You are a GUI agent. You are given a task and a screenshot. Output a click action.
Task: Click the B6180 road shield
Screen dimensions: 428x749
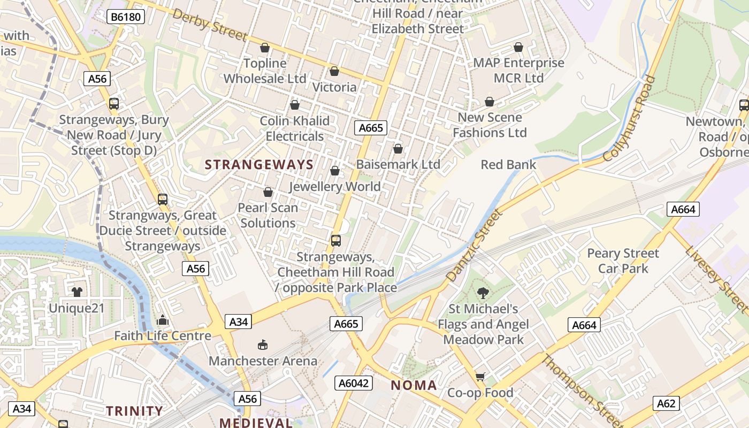tap(126, 17)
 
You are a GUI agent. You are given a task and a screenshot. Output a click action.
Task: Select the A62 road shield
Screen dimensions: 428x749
tap(666, 403)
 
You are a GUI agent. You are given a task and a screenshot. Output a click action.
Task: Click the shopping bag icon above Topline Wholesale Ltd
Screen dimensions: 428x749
tap(264, 48)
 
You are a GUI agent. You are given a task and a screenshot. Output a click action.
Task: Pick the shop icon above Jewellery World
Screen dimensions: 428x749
tap(335, 171)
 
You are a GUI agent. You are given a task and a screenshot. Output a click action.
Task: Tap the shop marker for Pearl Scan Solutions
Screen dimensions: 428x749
tap(268, 192)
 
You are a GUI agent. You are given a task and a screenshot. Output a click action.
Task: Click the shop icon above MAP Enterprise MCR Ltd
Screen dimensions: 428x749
tap(518, 48)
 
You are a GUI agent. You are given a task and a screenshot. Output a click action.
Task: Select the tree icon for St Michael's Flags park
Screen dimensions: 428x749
tap(483, 293)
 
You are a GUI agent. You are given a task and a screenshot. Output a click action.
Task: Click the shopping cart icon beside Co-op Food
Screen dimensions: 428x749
tap(480, 377)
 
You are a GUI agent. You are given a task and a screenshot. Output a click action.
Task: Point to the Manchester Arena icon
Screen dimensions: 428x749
tap(263, 345)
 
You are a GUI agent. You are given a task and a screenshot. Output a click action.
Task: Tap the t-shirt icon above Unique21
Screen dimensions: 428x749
tap(77, 292)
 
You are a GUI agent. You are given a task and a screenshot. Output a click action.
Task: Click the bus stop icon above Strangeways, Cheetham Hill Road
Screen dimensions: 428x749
tap(336, 241)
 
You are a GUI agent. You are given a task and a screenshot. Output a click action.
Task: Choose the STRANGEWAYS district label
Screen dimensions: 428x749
tap(259, 165)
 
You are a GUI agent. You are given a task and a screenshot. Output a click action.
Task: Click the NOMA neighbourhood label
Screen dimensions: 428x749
tap(414, 385)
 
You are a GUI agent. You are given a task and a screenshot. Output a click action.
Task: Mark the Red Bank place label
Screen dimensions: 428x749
tap(508, 165)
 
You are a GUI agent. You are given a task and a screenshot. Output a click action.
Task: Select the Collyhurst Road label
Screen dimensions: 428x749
tap(630, 119)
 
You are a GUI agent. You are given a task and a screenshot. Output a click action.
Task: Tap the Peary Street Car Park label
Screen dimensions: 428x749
tap(623, 261)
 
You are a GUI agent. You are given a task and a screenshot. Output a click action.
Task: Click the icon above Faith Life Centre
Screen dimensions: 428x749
tap(163, 320)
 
